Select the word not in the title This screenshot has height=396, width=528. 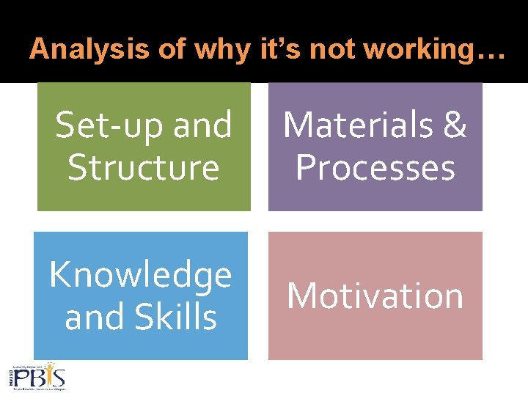click(x=332, y=50)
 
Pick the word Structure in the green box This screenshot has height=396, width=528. click(x=144, y=167)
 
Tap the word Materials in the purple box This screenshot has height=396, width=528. click(x=353, y=125)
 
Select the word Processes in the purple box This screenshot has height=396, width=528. click(x=375, y=167)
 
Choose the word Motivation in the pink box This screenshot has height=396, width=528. click(x=375, y=296)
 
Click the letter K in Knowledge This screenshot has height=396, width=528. click(x=60, y=275)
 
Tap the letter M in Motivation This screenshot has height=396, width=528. click(x=304, y=296)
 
